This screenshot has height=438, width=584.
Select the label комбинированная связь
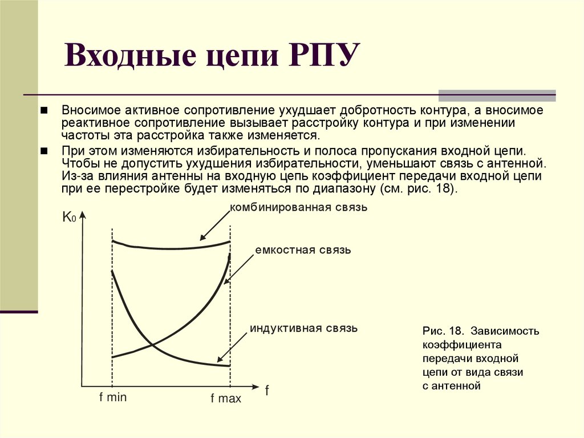298,207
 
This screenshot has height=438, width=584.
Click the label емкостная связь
303,250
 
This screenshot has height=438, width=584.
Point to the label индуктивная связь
303,328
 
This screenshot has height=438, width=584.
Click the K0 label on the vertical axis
68,217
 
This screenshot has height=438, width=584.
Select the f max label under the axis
226,399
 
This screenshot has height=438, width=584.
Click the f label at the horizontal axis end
266,391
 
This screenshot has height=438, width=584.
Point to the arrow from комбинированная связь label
215,225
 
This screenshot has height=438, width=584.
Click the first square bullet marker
43,110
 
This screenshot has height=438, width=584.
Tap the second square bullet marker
43,151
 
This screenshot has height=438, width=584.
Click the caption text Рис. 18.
442,331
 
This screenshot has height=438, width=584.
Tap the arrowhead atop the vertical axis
84,216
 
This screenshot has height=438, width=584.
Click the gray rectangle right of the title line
496,95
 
